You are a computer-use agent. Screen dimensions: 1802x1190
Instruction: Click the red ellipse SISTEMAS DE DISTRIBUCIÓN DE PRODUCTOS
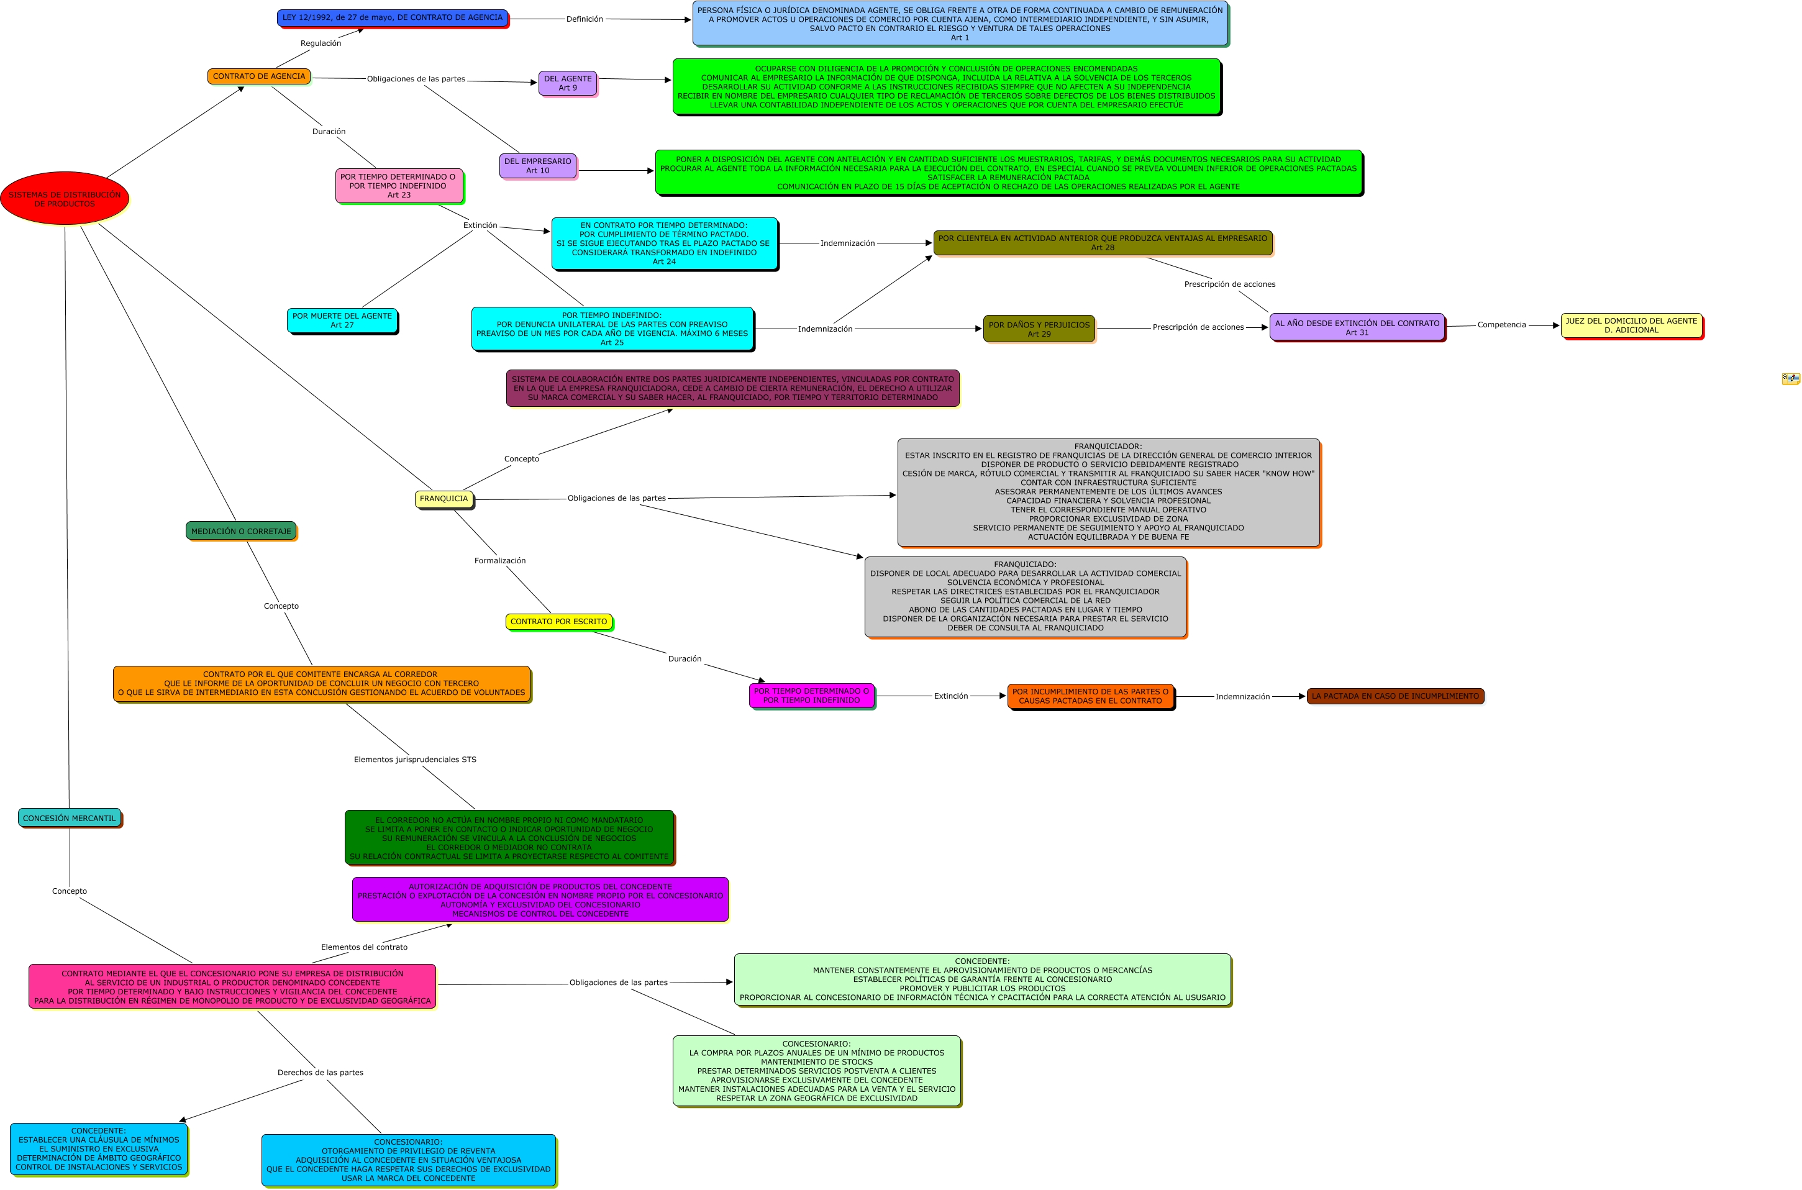(x=65, y=198)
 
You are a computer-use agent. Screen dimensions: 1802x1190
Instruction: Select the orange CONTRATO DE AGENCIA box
(x=259, y=76)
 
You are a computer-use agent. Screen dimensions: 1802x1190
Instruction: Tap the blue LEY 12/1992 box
(x=392, y=17)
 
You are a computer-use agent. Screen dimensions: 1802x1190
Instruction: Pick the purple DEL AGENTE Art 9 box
(x=568, y=83)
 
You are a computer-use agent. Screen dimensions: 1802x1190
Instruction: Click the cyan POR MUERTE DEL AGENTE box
(x=342, y=320)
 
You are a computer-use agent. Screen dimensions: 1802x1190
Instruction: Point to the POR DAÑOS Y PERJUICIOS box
(x=1039, y=329)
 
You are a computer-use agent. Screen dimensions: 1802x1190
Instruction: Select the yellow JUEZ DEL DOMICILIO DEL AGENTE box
(x=1631, y=325)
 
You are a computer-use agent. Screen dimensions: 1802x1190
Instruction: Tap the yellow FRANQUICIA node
(x=444, y=499)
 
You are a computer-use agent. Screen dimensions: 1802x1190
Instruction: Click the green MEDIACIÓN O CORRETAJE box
(x=240, y=531)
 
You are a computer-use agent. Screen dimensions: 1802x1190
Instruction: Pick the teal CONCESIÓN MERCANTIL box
(x=69, y=818)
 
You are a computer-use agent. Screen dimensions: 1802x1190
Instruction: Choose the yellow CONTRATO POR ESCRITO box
(x=558, y=622)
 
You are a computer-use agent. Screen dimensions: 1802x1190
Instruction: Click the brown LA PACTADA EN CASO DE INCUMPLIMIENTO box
(x=1395, y=696)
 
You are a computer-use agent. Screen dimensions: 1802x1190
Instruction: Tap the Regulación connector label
(x=321, y=43)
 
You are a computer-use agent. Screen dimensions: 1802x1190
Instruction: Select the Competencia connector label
(x=1501, y=325)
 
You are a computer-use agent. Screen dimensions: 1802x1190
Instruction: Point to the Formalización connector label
(x=499, y=561)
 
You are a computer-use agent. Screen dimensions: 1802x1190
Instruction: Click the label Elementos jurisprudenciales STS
(x=414, y=760)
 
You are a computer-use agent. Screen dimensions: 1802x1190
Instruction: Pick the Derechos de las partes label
(x=319, y=1073)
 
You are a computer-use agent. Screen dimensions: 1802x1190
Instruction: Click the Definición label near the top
(x=584, y=19)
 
